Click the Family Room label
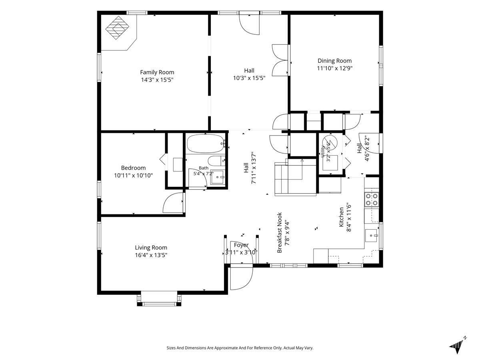[x=157, y=72]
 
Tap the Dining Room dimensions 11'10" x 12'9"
[x=334, y=68]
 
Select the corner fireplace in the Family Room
[x=117, y=28]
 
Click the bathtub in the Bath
[x=206, y=143]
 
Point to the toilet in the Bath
[x=216, y=161]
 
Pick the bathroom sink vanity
[x=218, y=177]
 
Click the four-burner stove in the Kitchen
[x=372, y=199]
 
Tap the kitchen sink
[x=371, y=236]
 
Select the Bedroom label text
[x=133, y=168]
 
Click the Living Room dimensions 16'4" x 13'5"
[x=151, y=255]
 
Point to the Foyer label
[x=241, y=245]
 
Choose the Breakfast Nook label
[x=280, y=232]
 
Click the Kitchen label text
[x=341, y=217]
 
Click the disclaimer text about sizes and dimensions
[x=240, y=348]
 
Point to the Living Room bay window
[x=159, y=298]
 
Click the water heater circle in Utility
[x=330, y=142]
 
